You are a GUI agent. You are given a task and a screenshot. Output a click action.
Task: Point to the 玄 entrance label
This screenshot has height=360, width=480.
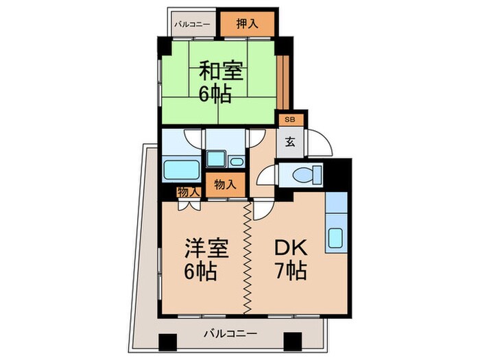(x=290, y=143)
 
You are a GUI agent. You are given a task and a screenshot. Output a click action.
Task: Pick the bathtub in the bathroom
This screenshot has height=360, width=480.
(x=181, y=169)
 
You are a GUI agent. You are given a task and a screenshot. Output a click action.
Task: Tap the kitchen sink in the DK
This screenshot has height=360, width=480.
(x=336, y=237)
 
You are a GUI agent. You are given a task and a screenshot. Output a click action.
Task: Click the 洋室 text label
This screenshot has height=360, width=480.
(x=204, y=248)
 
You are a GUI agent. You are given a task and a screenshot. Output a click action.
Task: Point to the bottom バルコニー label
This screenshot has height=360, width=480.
(x=230, y=334)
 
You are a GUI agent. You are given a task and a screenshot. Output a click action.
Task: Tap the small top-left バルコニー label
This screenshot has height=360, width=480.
(x=192, y=24)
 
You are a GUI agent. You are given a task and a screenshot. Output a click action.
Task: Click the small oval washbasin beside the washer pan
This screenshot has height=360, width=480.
(x=236, y=162)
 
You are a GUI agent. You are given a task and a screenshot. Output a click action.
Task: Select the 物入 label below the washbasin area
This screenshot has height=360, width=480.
(x=225, y=184)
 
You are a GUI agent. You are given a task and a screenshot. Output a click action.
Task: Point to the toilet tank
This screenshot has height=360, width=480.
(x=317, y=174)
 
